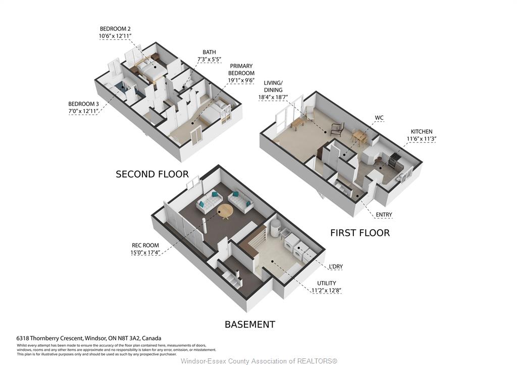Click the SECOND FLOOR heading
click(x=152, y=174)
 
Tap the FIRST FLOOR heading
click(x=360, y=233)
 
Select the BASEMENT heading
click(x=250, y=325)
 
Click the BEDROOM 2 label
click(x=116, y=29)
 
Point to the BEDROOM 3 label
click(x=83, y=104)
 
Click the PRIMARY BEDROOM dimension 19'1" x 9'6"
click(x=241, y=80)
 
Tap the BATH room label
click(x=210, y=52)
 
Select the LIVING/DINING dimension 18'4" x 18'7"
click(x=273, y=97)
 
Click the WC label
click(x=379, y=118)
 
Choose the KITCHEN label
click(x=422, y=132)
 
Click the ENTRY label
click(x=384, y=215)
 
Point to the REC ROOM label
click(x=145, y=246)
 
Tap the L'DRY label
click(x=336, y=267)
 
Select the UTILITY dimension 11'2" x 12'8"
click(x=327, y=290)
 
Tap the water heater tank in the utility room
click(x=275, y=228)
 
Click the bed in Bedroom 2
click(x=148, y=69)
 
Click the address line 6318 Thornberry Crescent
click(x=89, y=338)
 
